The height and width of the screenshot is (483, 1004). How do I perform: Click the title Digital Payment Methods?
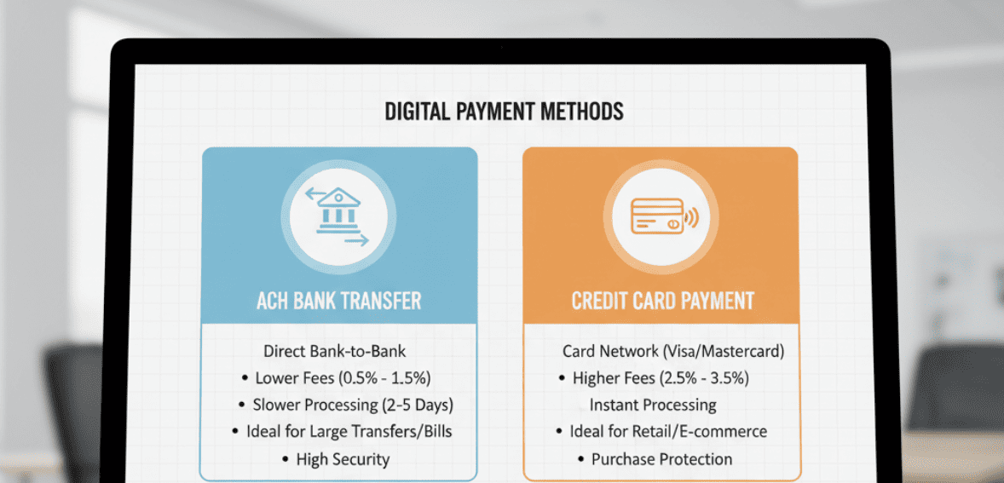point(504,112)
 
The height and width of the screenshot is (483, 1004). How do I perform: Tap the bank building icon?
point(338,212)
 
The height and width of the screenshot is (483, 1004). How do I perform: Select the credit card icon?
point(656,216)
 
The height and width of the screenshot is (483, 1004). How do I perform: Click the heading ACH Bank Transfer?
point(339,301)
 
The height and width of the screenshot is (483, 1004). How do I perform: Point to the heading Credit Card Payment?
point(662,301)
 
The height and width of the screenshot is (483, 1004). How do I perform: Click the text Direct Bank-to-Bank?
point(334,351)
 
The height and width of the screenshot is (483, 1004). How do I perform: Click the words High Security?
point(343,459)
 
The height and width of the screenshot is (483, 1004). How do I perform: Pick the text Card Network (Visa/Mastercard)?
point(673,351)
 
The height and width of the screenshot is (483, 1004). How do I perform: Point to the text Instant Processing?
point(653,405)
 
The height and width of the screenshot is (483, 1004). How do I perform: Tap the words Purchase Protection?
point(661,459)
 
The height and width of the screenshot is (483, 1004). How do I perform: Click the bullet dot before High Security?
point(286,460)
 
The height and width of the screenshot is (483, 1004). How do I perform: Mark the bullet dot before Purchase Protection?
point(581,460)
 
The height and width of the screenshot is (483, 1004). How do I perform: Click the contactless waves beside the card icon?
point(691,218)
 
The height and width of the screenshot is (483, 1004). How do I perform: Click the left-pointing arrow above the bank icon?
point(318,192)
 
